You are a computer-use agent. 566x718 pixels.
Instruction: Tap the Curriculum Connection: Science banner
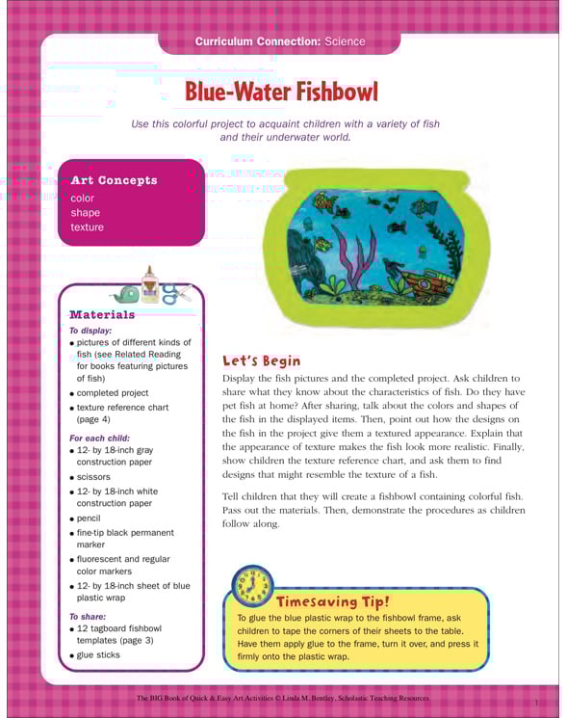(x=280, y=42)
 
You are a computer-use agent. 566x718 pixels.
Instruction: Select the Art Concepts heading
(x=114, y=180)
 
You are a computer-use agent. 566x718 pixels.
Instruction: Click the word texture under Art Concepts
(x=87, y=227)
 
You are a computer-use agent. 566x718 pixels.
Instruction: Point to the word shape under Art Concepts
(x=85, y=213)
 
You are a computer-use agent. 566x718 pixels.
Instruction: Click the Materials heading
(x=102, y=314)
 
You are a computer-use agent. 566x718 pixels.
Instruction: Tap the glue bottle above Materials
(x=148, y=285)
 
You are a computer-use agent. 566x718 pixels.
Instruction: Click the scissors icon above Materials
(x=173, y=293)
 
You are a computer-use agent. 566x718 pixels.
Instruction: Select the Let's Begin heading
(x=262, y=360)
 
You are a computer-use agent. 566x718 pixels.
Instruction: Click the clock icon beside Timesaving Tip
(x=252, y=586)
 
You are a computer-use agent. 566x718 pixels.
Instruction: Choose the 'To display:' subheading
(x=90, y=330)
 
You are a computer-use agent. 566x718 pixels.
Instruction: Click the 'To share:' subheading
(x=88, y=616)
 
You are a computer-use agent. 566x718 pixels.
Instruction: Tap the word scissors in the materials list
(x=93, y=477)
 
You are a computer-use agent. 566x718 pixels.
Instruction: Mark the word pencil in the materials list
(x=90, y=518)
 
